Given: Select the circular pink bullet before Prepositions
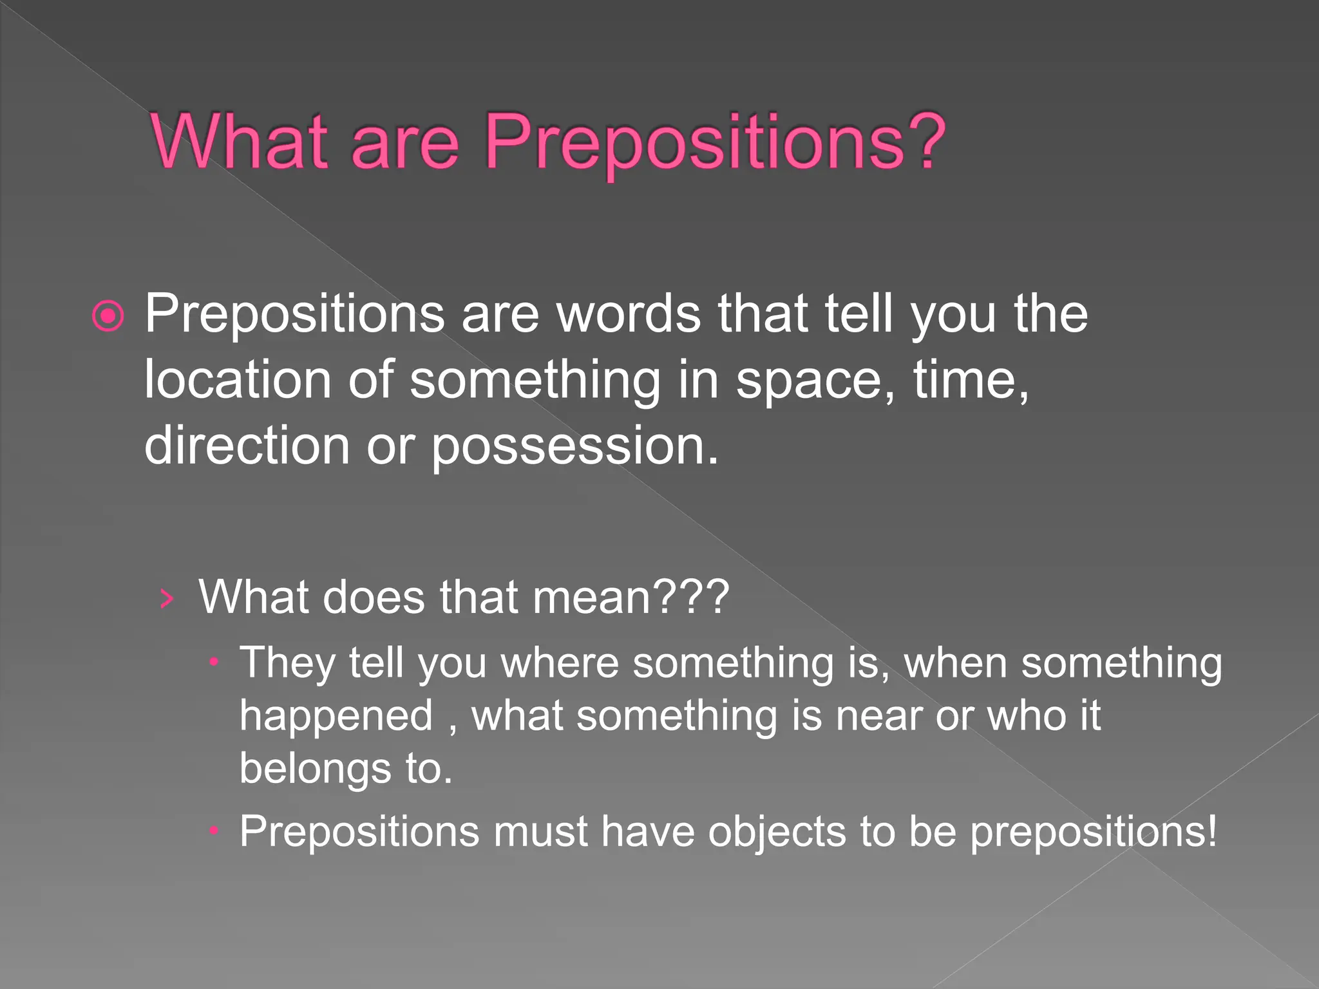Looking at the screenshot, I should click(x=108, y=316).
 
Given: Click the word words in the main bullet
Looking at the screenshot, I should click(x=629, y=315).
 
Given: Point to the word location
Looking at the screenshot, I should click(x=238, y=380).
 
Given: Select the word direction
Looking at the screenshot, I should click(x=247, y=446).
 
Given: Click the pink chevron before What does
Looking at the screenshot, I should click(x=167, y=599).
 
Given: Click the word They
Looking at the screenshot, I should click(x=287, y=663).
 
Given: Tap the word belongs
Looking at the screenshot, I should click(x=315, y=769).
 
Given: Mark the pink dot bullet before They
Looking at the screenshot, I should click(x=215, y=662).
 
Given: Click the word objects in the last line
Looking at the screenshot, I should click(x=777, y=833).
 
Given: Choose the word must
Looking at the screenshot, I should click(x=540, y=832).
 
